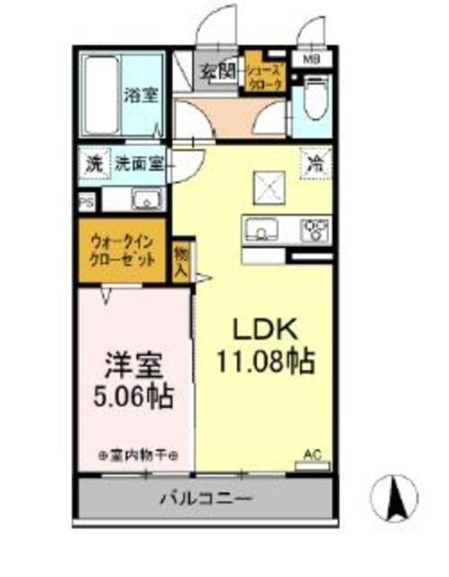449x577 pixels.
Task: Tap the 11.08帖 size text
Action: click(263, 362)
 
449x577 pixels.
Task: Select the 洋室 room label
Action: click(134, 366)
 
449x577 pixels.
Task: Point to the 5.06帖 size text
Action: click(134, 396)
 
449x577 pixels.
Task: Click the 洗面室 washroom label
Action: click(138, 165)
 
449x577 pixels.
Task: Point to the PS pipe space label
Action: click(87, 203)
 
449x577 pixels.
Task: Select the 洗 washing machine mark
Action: click(94, 165)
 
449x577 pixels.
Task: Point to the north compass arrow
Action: click(395, 494)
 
